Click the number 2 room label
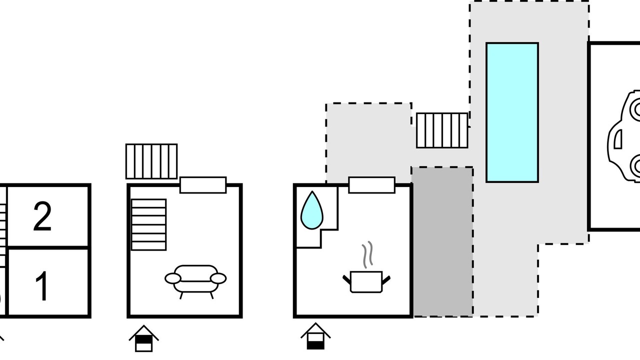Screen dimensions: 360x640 [x=42, y=217]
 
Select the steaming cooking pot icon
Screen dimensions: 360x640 [x=366, y=281]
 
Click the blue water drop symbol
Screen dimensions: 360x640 [x=311, y=211]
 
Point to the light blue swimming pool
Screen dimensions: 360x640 [x=512, y=112]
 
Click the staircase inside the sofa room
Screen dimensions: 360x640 [x=148, y=224]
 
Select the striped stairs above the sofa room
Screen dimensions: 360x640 [x=151, y=161]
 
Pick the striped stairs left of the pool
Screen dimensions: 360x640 [x=442, y=130]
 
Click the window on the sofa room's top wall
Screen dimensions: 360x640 [x=203, y=185]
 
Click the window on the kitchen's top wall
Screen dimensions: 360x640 [x=371, y=185]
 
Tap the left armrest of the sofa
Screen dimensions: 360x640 [x=173, y=278]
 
